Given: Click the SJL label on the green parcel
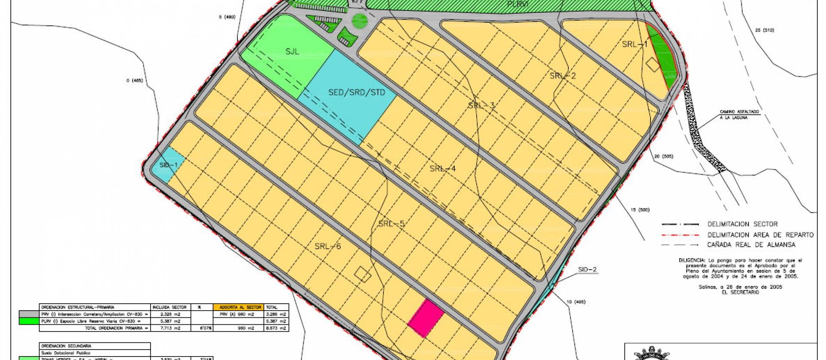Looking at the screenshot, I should (x=292, y=52).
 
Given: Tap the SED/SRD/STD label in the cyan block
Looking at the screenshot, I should (x=357, y=92).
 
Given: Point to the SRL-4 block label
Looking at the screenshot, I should (x=443, y=169).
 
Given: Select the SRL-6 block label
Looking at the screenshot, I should (x=327, y=246).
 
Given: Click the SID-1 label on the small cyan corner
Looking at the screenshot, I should (x=168, y=165).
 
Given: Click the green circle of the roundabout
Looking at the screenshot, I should (x=360, y=20).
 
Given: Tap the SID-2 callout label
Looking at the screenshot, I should (x=588, y=270).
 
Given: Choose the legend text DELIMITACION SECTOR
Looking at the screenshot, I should (x=743, y=224).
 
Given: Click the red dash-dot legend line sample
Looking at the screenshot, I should (x=679, y=235).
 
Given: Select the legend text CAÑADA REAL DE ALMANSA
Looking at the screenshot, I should (x=751, y=245).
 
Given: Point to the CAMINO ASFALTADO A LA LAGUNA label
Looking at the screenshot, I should (x=740, y=114).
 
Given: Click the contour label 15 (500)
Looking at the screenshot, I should (x=640, y=210).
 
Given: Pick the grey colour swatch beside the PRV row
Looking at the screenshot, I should (x=28, y=314).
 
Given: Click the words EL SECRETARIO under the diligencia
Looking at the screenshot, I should (x=743, y=292).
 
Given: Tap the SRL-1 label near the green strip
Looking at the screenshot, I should (x=635, y=45).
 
